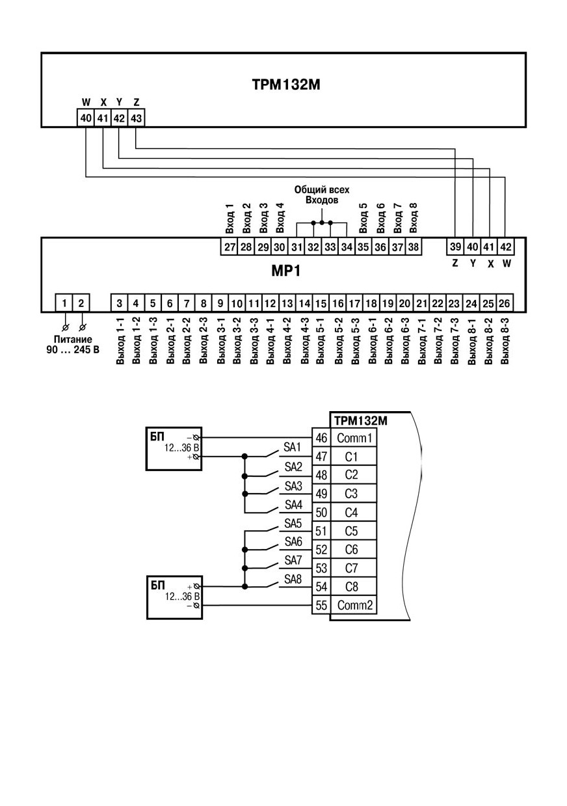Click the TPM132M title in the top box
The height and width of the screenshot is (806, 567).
[x=286, y=85]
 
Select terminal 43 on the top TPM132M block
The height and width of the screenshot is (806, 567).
[x=137, y=118]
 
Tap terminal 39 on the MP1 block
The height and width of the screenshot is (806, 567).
[x=455, y=247]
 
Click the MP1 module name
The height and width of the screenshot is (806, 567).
[x=286, y=271]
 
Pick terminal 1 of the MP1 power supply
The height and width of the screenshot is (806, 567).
[x=64, y=303]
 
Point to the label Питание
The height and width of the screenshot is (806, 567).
[x=73, y=339]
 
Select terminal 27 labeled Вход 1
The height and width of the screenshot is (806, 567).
[x=230, y=247]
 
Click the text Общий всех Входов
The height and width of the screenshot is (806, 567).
[x=322, y=195]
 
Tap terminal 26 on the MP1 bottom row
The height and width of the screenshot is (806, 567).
[x=505, y=303]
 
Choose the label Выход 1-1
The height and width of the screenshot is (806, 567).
[x=120, y=340]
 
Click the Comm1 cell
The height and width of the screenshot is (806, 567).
[x=354, y=438]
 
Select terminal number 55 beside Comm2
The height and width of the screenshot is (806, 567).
[x=321, y=605]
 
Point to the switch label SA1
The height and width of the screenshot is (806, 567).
[x=292, y=448]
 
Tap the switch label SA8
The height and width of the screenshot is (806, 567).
[x=293, y=579]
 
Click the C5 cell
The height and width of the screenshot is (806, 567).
[x=352, y=531]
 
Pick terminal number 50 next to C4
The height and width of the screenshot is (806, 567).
[x=321, y=512]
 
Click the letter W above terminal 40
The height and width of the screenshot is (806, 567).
[x=86, y=102]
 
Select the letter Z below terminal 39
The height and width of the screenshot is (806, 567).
[x=455, y=263]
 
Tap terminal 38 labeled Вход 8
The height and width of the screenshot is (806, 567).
[x=414, y=247]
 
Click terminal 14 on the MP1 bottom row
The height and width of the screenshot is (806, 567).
[x=304, y=303]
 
